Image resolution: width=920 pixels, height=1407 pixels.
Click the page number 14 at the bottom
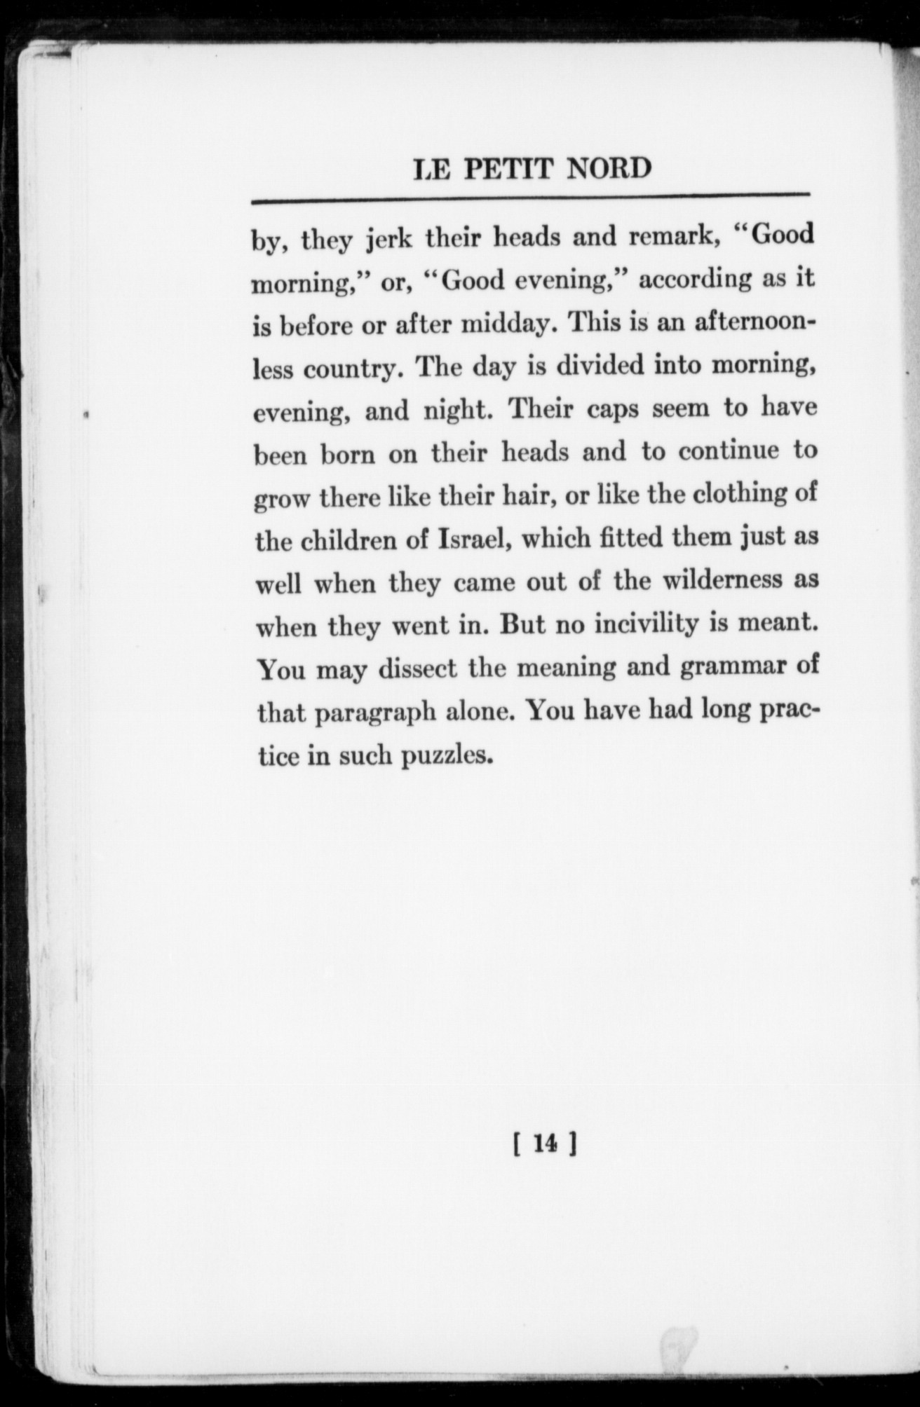tap(545, 1144)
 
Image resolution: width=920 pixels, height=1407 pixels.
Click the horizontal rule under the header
tap(531, 200)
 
